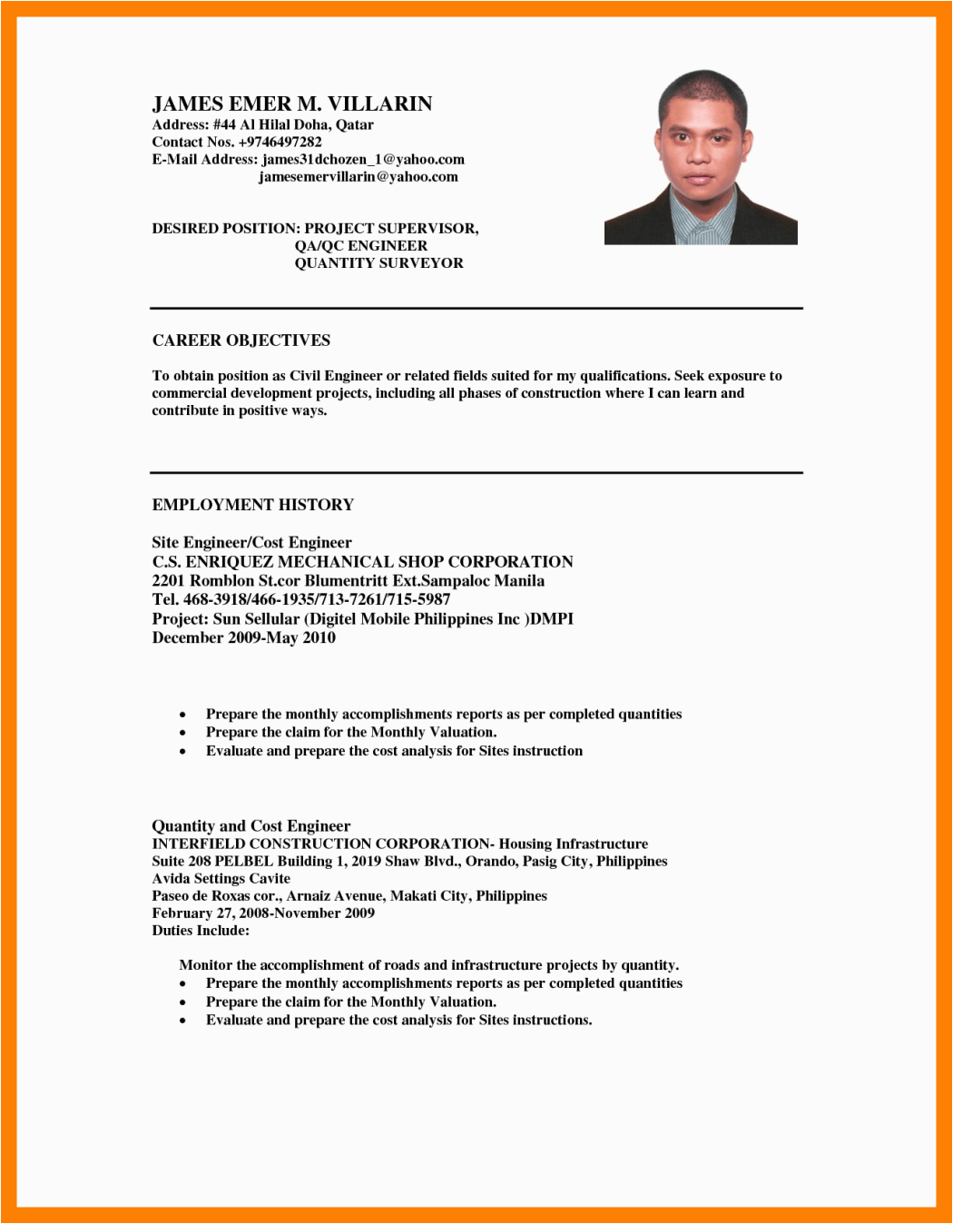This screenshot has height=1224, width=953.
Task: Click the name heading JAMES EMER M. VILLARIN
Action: (291, 104)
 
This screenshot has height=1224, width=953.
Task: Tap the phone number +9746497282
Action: (280, 142)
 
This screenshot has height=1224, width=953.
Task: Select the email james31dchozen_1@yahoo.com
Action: (363, 159)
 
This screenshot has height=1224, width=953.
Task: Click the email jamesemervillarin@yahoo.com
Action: (359, 176)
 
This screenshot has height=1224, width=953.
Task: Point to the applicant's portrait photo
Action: (701, 157)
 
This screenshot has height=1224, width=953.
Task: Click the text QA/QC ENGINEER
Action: (360, 245)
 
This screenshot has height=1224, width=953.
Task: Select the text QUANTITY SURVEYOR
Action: (378, 262)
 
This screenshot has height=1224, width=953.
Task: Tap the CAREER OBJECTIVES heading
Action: (241, 341)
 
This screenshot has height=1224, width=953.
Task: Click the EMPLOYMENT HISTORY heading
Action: (252, 505)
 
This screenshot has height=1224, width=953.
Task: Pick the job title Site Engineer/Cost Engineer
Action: (251, 543)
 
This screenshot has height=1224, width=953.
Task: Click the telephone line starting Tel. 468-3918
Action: (300, 599)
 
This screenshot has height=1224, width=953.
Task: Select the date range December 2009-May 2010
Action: (243, 637)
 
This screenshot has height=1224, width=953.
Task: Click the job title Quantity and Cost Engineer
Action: (251, 825)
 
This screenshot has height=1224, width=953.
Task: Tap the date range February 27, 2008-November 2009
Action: (262, 913)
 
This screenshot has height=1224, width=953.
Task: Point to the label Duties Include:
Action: (200, 930)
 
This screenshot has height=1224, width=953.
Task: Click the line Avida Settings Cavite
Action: (221, 878)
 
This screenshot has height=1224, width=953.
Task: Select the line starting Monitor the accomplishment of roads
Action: (428, 964)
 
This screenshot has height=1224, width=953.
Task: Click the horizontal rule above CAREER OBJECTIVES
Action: (476, 309)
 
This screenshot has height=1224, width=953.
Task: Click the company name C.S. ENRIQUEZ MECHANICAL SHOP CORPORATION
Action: (362, 561)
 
